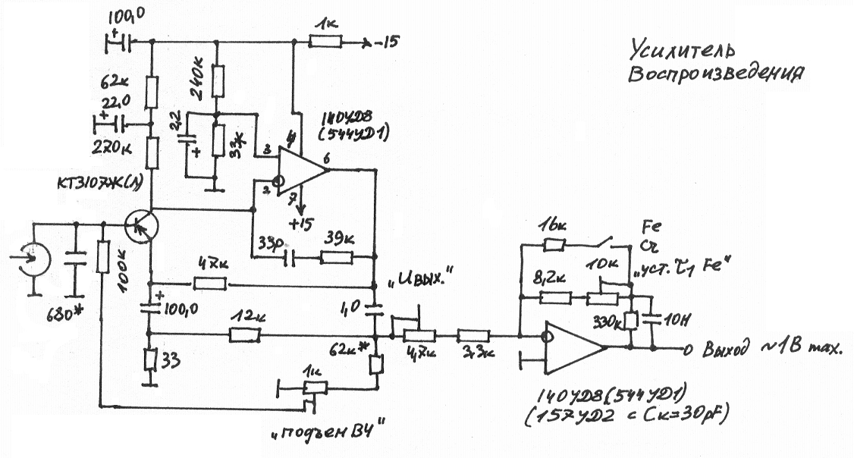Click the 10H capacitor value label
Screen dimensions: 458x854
tap(673, 319)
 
